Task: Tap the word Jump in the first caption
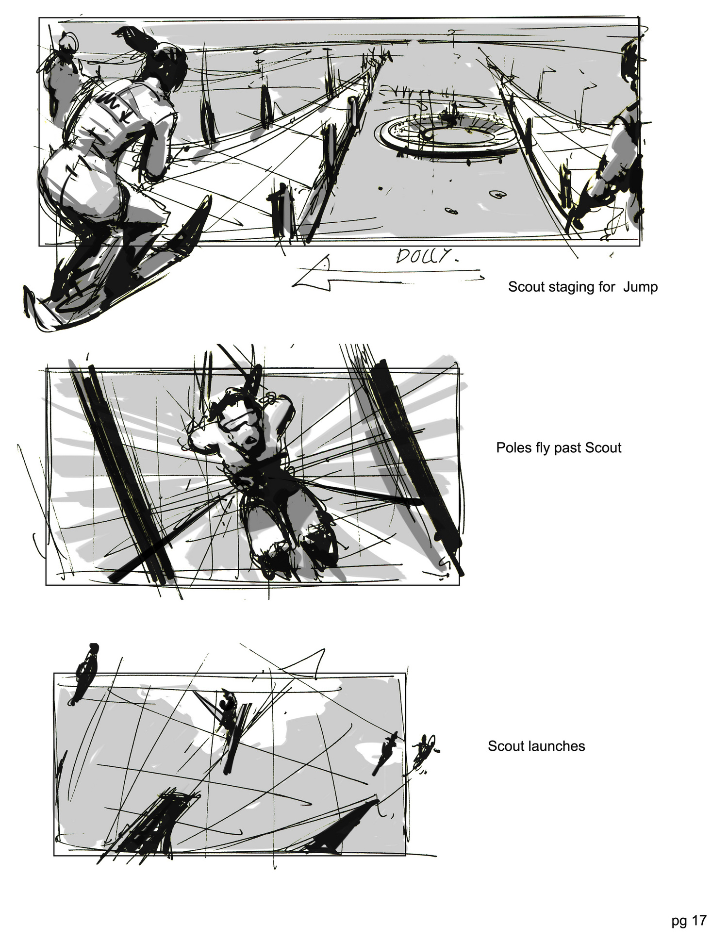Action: pyautogui.click(x=641, y=287)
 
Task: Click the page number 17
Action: pyautogui.click(x=699, y=921)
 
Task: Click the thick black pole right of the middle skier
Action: pyautogui.click(x=417, y=466)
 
